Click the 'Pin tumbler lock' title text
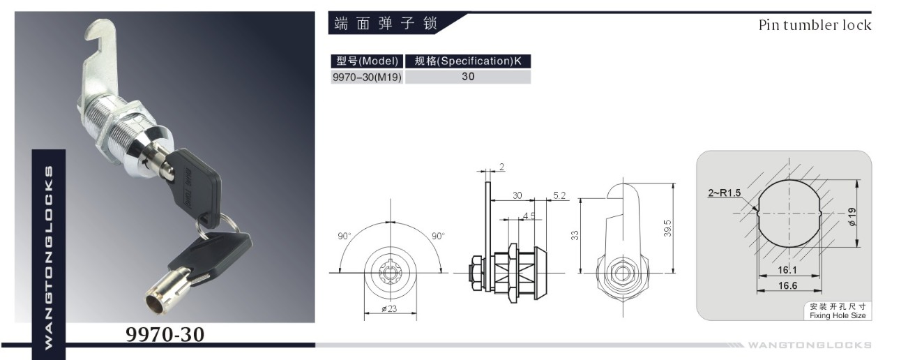click(x=815, y=25)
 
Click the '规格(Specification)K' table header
click(x=468, y=61)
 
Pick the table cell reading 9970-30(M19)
click(x=367, y=77)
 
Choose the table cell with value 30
click(x=468, y=77)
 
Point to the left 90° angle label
click(x=345, y=236)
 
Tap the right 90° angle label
click(x=438, y=236)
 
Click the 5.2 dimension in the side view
click(x=559, y=195)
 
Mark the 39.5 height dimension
click(x=667, y=228)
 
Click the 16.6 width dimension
click(x=789, y=285)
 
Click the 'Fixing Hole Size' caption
click(x=837, y=316)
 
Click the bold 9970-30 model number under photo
click(x=165, y=334)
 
